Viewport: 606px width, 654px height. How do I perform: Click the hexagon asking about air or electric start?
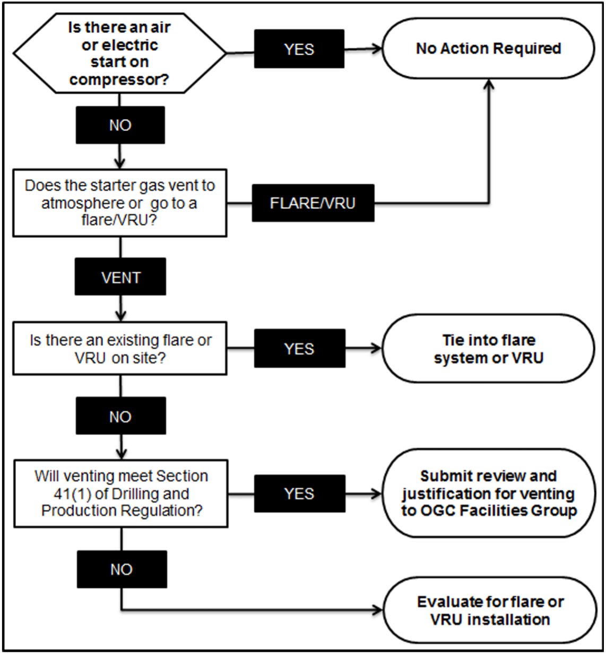[x=119, y=53]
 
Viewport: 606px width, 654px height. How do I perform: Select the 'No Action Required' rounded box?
[x=488, y=49]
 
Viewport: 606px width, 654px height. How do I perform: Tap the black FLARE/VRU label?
[x=313, y=203]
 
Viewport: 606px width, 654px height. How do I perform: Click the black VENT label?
[x=120, y=277]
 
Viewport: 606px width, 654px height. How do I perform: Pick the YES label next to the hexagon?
[x=299, y=49]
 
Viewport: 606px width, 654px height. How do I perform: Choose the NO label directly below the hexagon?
[x=120, y=126]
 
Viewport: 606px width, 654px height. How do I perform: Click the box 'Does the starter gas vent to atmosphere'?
[x=120, y=203]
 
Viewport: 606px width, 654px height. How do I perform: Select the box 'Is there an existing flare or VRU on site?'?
[x=120, y=349]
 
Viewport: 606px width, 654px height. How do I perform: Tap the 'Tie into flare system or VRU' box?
[x=488, y=349]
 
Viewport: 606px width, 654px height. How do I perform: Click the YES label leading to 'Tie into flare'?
[x=299, y=349]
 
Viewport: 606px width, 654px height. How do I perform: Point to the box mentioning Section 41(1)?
[x=121, y=493]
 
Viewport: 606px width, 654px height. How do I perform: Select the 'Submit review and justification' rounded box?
[x=488, y=493]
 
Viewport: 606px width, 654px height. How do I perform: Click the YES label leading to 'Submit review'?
[x=299, y=493]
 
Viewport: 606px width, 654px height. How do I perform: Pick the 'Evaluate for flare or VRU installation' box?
[x=490, y=611]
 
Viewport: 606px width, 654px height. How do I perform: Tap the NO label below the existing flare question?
[x=120, y=417]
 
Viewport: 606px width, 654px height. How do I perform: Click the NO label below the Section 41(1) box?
[x=122, y=569]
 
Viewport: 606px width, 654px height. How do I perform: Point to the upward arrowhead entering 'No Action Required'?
[x=489, y=85]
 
